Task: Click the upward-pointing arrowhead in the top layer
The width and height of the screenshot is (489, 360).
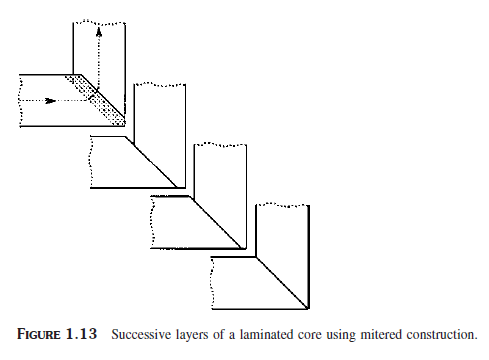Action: tap(99, 30)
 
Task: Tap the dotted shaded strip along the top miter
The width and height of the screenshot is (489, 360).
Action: tap(97, 98)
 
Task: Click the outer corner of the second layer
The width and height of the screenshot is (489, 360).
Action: tap(187, 189)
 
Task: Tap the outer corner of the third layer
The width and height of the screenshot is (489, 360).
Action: tap(247, 249)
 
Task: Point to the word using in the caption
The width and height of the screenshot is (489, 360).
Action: tap(334, 335)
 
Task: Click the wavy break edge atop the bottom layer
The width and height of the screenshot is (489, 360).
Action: tap(283, 204)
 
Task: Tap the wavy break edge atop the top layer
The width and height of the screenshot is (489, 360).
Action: tap(99, 21)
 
